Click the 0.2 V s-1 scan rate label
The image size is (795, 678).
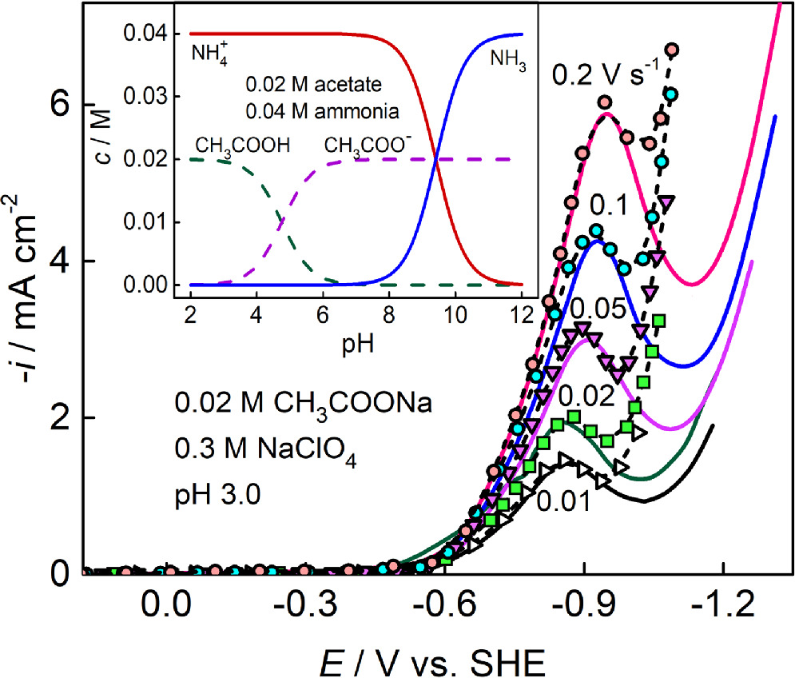(611, 78)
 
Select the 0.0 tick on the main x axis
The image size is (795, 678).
(168, 608)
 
